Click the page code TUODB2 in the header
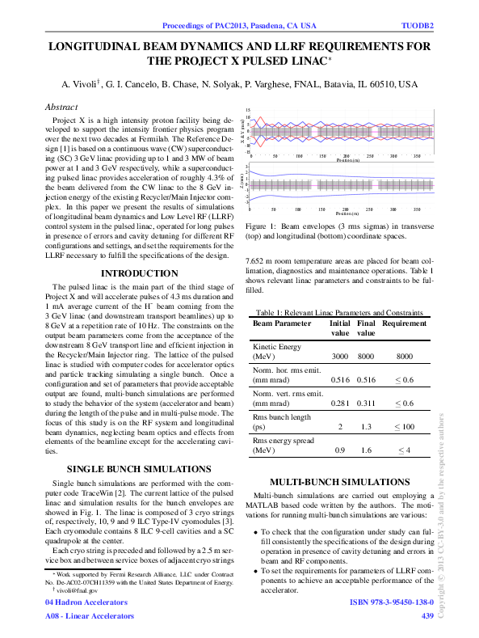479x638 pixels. [x=418, y=25]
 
